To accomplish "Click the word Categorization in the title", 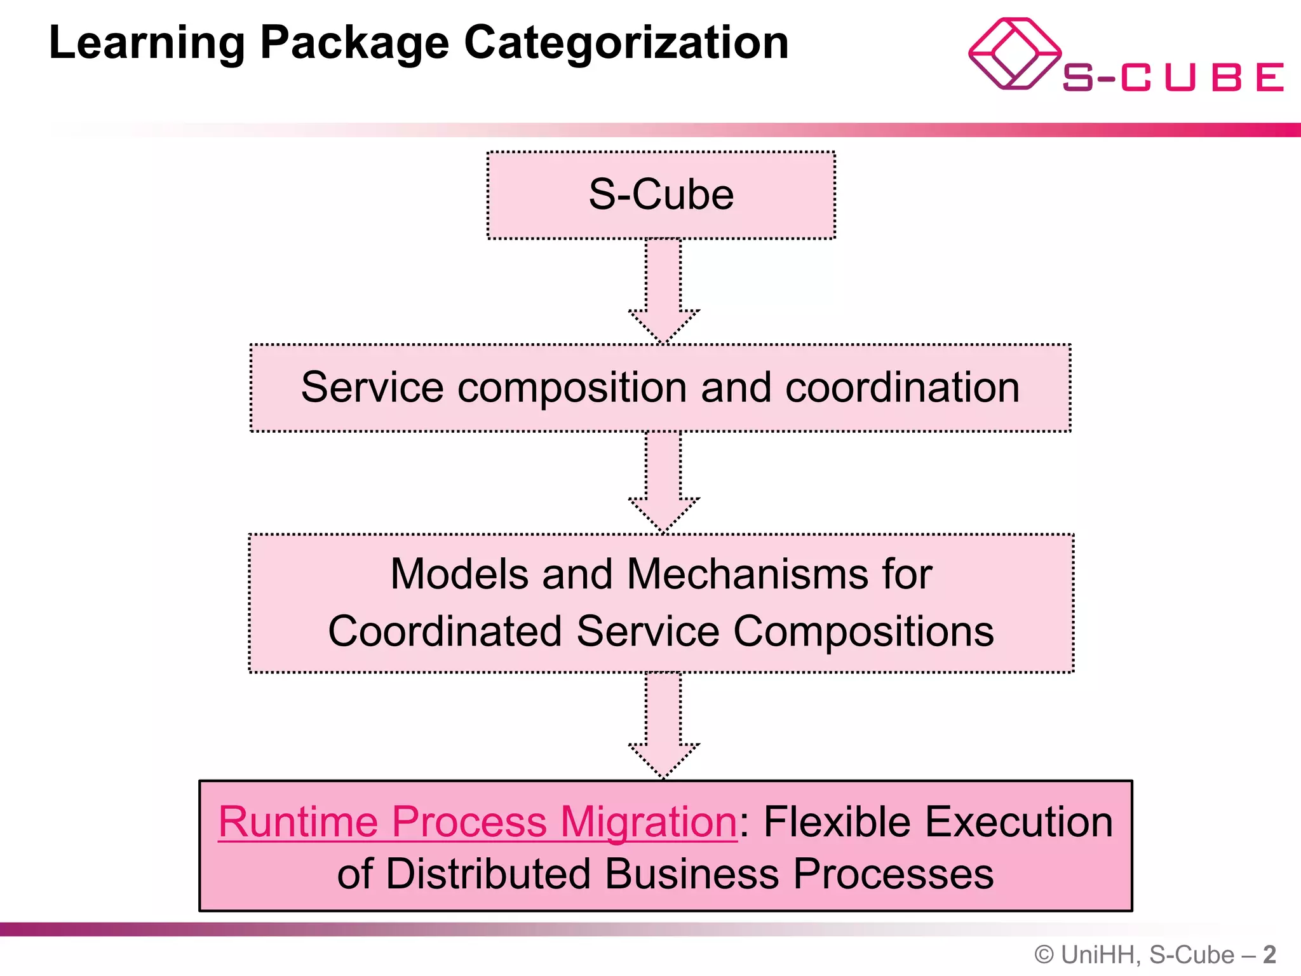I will [x=626, y=43].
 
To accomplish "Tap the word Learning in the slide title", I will [x=147, y=43].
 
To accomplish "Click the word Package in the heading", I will [x=354, y=43].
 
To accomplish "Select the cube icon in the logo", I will [x=1014, y=54].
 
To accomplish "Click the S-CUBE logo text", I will [x=1173, y=78].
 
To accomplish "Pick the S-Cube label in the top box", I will [x=661, y=194].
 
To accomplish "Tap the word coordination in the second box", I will [x=902, y=387].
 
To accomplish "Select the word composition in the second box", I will [x=572, y=387].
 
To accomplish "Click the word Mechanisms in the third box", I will [x=747, y=574].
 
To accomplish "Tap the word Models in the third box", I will [x=459, y=574].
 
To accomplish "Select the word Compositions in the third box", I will [x=863, y=632].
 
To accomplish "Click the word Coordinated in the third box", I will [x=445, y=632].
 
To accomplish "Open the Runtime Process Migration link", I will [x=477, y=822].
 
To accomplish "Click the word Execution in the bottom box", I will [x=1018, y=822].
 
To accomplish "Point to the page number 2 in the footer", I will [x=1269, y=955].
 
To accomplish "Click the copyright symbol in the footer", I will [x=1044, y=955].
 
